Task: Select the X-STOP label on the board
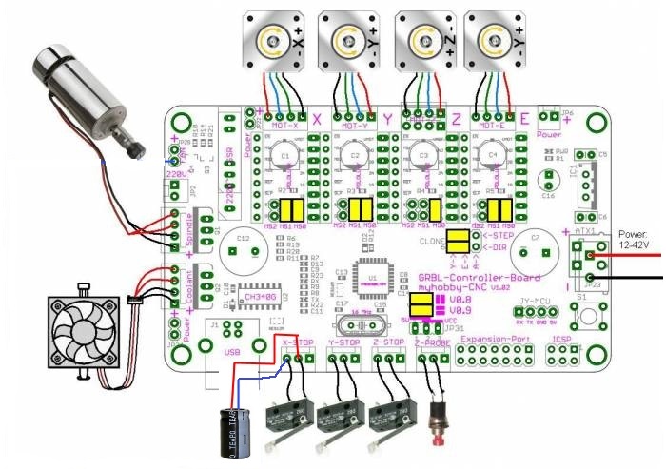tap(297, 340)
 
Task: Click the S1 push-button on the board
tap(588, 316)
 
